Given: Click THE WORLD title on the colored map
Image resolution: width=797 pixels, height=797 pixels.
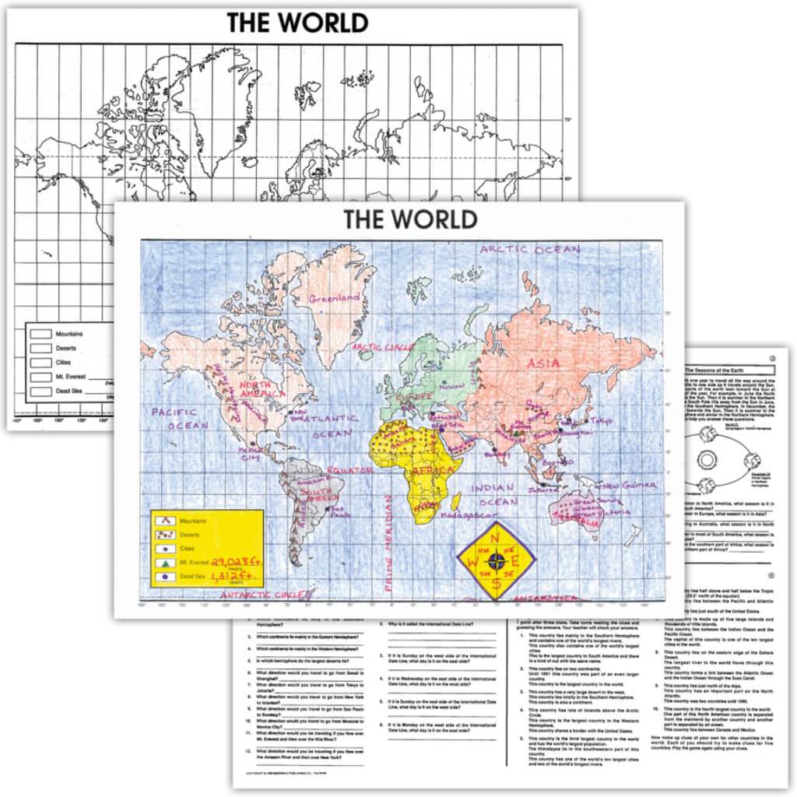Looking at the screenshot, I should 411,219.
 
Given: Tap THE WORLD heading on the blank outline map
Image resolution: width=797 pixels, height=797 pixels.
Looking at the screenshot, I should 297,23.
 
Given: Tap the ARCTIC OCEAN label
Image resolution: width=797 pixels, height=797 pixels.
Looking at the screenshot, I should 529,249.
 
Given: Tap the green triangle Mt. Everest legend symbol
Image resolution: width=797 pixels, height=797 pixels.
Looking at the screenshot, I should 166,561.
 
